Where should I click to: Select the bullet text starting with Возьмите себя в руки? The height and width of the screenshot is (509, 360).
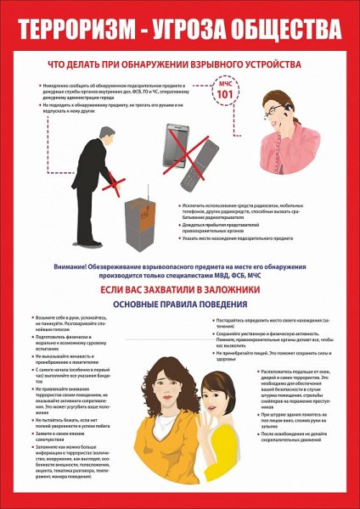[x=70, y=327]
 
